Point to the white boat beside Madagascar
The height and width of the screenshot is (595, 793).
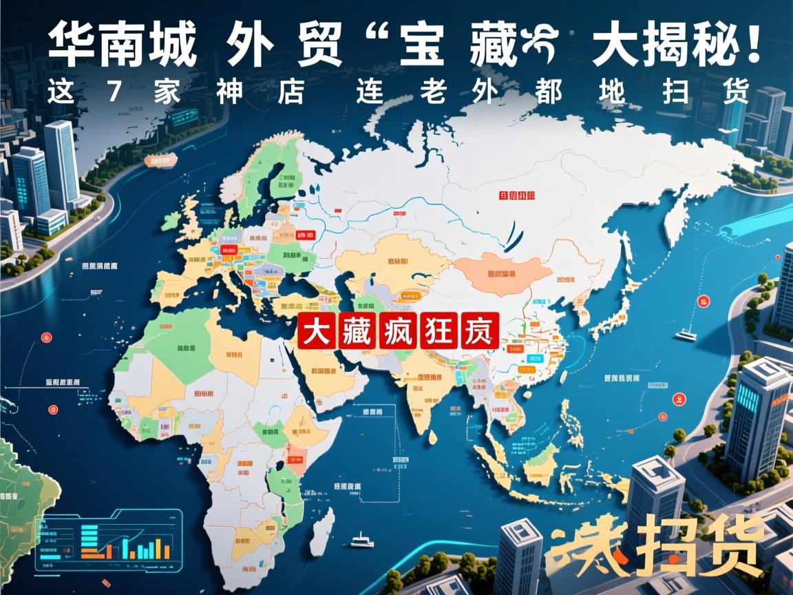coord(361,541)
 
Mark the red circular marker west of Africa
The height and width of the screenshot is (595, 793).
coord(47,337)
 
